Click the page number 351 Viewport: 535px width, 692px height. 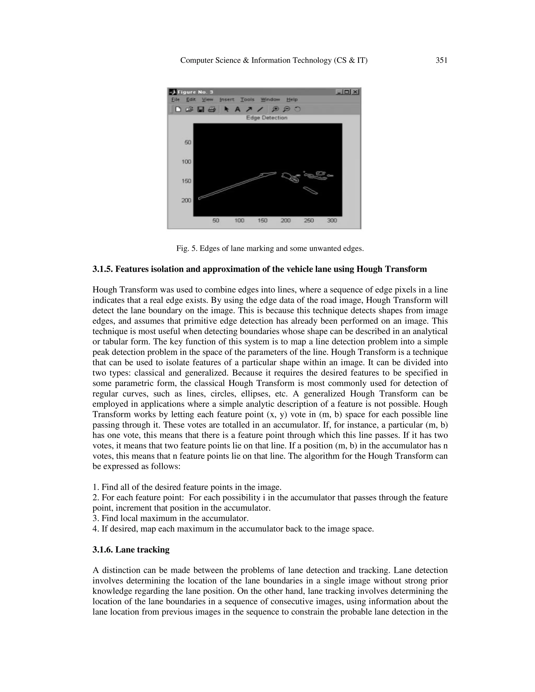[441, 60]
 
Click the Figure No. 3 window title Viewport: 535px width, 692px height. [195, 92]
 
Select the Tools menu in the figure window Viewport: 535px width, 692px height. [247, 99]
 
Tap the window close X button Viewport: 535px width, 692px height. [355, 92]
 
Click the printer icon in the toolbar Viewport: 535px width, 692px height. [212, 109]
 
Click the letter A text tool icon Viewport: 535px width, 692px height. [237, 109]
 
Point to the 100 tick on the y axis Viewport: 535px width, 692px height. [186, 162]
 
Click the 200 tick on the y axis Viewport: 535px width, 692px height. [186, 200]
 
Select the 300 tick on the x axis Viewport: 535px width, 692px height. [332, 221]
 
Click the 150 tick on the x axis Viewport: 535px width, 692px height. [263, 221]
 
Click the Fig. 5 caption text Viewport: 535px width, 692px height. [270, 248]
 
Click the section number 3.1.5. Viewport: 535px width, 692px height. [103, 269]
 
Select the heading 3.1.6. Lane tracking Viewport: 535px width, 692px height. [131, 549]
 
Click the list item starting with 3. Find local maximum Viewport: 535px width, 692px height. [171, 518]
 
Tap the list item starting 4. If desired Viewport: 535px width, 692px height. [233, 529]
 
